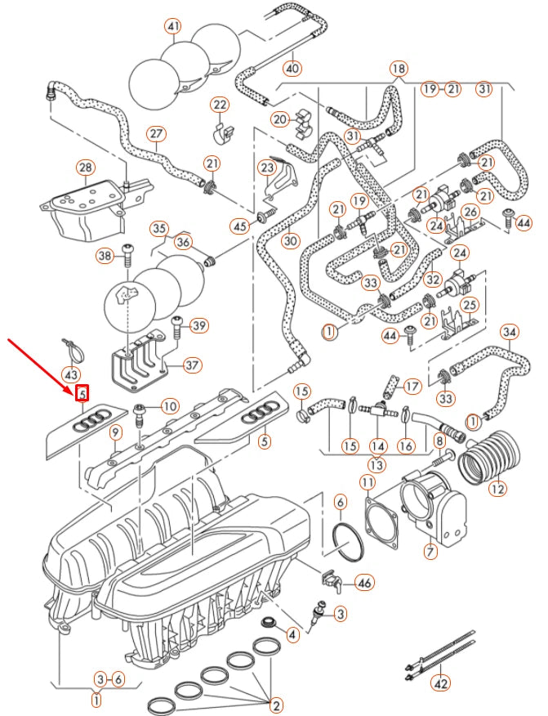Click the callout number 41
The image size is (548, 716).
tap(172, 27)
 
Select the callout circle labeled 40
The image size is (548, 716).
tap(292, 67)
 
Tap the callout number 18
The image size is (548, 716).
tap(398, 69)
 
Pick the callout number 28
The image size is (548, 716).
tap(85, 168)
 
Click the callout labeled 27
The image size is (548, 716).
tap(156, 134)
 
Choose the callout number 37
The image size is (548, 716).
tap(193, 365)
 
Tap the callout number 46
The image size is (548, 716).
tap(363, 583)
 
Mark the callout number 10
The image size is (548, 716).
tap(169, 406)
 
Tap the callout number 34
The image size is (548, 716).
tap(509, 332)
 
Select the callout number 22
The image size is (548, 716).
tap(220, 105)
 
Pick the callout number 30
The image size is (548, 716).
tap(291, 241)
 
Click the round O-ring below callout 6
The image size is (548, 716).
tap(348, 541)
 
